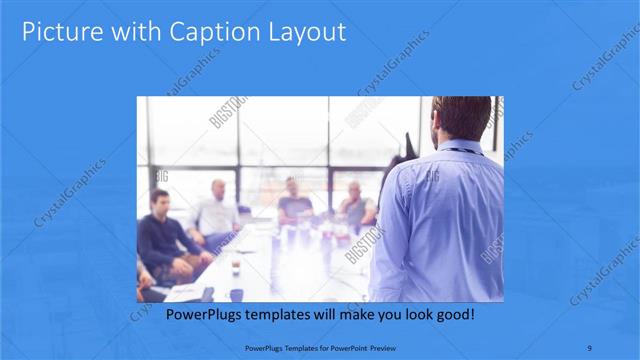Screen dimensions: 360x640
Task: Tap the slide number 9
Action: click(592, 348)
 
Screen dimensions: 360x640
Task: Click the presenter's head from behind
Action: click(462, 118)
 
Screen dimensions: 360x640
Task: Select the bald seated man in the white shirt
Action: click(217, 212)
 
